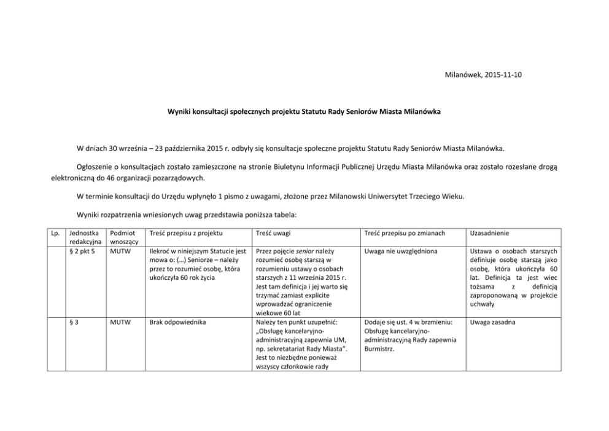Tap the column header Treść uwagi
(x=273, y=234)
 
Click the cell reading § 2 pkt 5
(x=82, y=251)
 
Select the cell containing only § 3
(x=74, y=322)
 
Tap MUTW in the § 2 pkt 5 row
(x=119, y=251)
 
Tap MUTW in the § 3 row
(x=119, y=322)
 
